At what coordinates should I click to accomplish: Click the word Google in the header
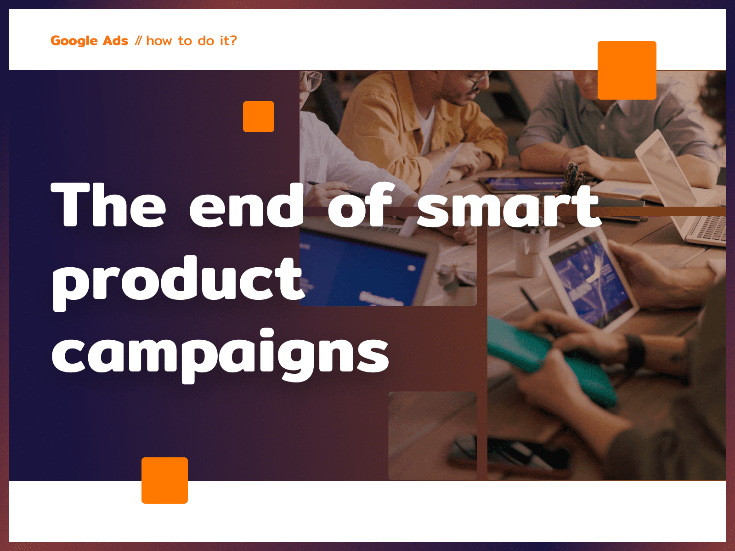pos(74,41)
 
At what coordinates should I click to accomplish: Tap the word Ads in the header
pos(115,40)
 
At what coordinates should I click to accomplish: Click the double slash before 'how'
pos(138,41)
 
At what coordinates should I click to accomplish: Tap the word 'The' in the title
pos(108,204)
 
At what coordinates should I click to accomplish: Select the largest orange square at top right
pos(627,70)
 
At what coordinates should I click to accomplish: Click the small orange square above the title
pos(259,117)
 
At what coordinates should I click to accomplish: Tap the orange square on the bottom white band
pos(164,480)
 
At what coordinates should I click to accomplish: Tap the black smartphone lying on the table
pos(509,455)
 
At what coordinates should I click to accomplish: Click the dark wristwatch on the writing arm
pos(634,351)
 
